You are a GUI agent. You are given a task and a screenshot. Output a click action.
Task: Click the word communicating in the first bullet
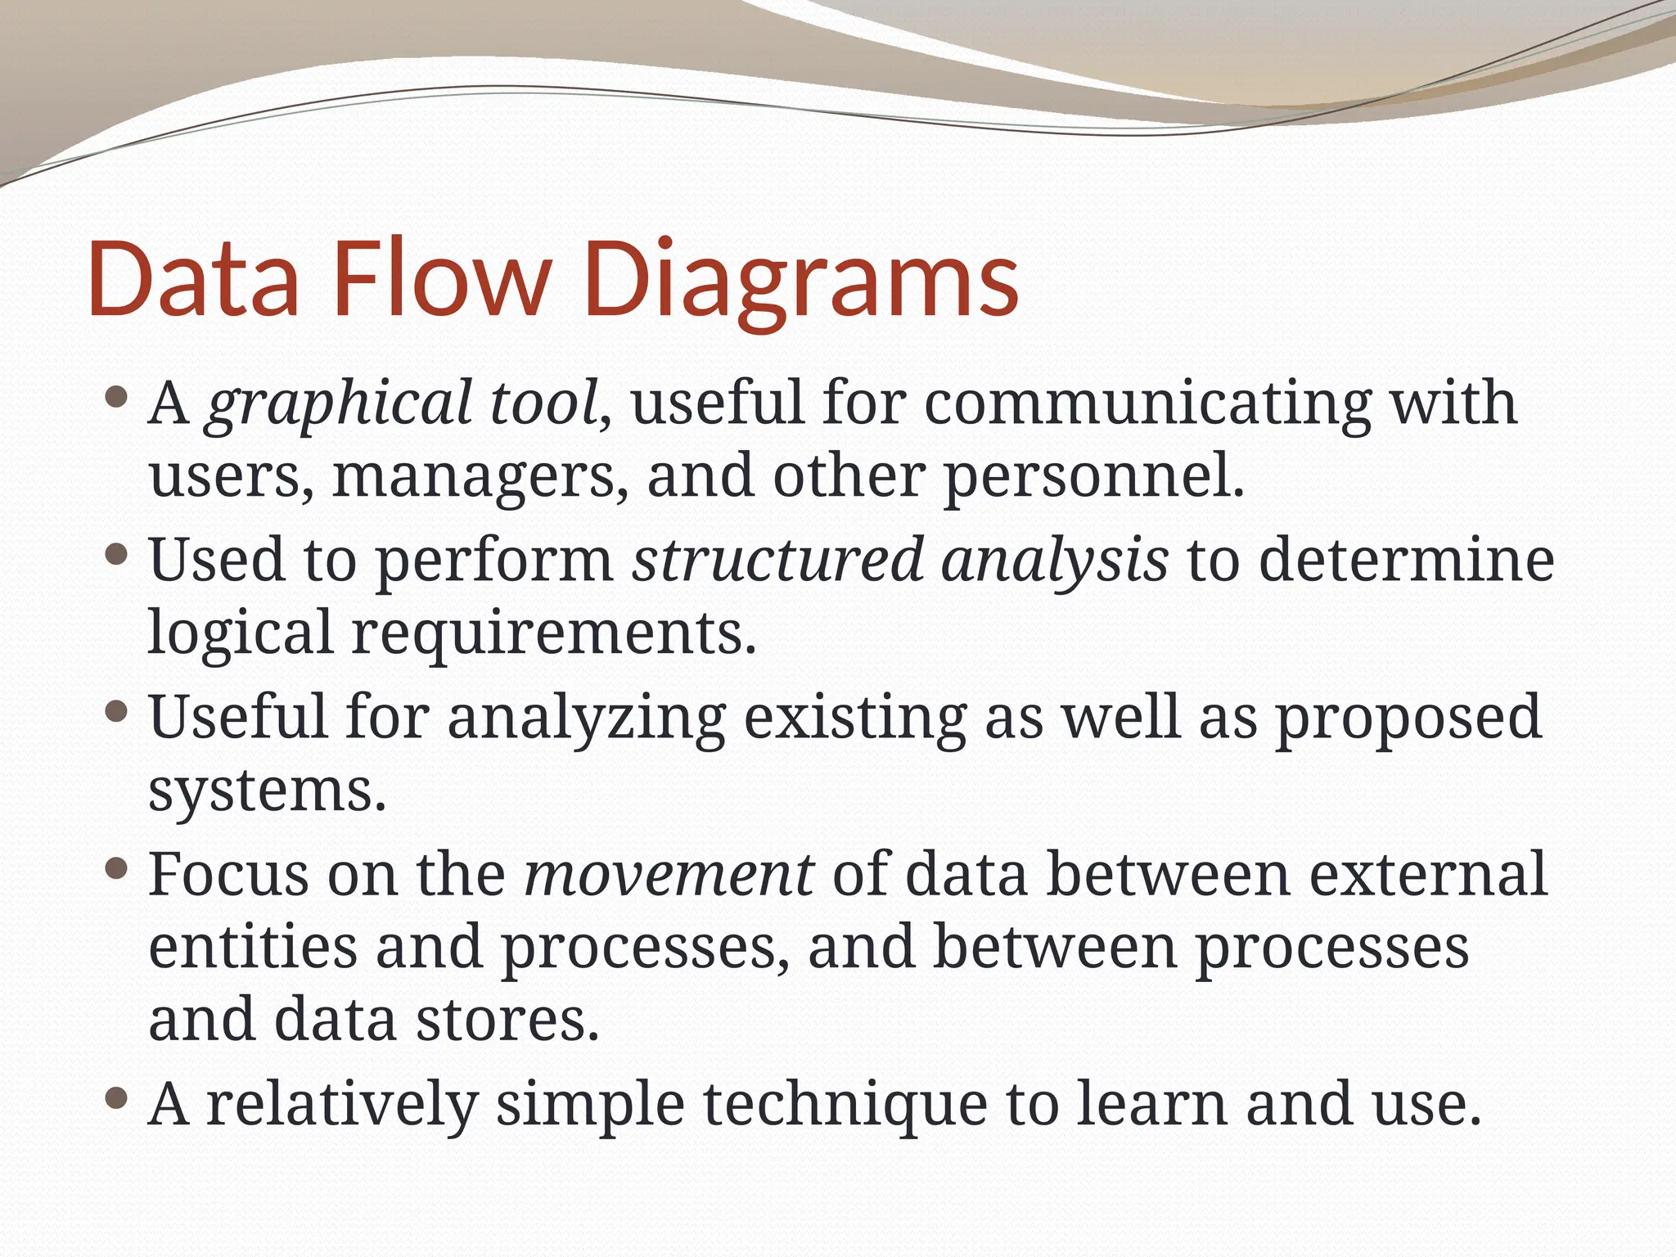click(x=1147, y=404)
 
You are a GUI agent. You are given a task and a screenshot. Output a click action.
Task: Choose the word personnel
click(x=1094, y=478)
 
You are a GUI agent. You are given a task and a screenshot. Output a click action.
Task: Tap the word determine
click(x=1406, y=561)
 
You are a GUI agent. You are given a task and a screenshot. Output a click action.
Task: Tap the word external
click(x=1428, y=875)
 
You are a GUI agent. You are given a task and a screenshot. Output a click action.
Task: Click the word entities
click(x=252, y=948)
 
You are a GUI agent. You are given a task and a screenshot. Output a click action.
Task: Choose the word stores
click(x=507, y=1021)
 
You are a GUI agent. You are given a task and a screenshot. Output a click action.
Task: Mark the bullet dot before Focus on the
click(x=117, y=868)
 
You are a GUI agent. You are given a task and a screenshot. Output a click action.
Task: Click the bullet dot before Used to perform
click(x=117, y=556)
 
